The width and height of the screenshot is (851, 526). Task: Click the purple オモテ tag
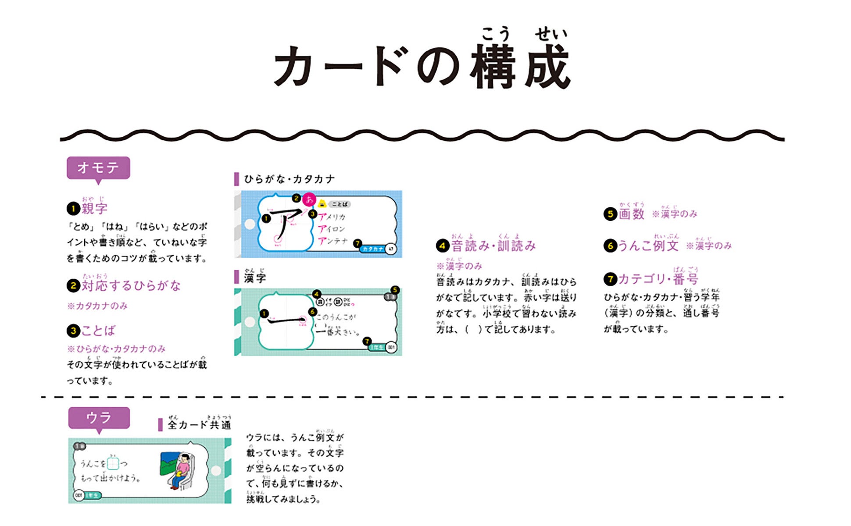[x=98, y=167]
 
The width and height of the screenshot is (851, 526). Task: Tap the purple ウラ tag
[x=99, y=418]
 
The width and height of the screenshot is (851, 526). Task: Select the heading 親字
[x=94, y=208]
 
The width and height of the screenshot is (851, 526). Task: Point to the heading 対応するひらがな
[x=131, y=286]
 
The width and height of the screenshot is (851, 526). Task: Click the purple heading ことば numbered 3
[x=98, y=331]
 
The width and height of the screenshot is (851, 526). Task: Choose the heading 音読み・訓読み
[x=493, y=246]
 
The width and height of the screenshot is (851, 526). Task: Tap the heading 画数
[x=631, y=214]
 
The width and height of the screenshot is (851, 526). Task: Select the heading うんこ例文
[x=648, y=245]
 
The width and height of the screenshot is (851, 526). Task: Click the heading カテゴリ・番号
[x=658, y=279]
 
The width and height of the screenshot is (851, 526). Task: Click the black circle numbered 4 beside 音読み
[x=442, y=246]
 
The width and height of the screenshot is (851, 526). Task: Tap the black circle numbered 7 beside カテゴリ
[x=610, y=279]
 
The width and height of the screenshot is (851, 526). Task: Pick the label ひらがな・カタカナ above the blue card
[x=290, y=179]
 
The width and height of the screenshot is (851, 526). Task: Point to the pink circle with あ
[x=309, y=199]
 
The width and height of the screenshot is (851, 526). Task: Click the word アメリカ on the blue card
[x=332, y=217]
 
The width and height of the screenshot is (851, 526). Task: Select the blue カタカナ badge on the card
[x=373, y=249]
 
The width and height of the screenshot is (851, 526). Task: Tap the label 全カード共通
[x=199, y=424]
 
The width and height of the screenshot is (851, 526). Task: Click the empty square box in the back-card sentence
[x=113, y=463]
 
